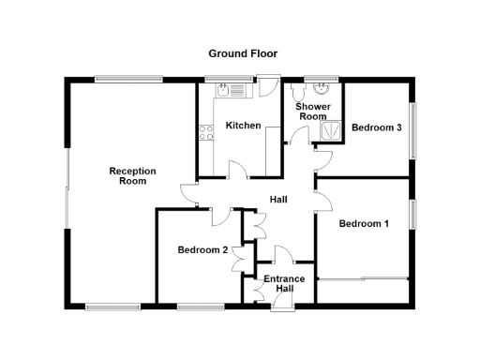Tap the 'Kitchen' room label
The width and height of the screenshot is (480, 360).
coord(243,125)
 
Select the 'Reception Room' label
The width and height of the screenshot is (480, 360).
coord(132,176)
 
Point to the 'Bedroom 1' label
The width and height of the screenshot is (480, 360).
coord(364,223)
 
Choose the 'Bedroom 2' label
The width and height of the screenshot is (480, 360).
coord(202,249)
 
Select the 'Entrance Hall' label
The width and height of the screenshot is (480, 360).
coord(284,283)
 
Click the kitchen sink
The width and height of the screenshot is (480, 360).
coord(230,90)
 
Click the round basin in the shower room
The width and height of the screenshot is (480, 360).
coord(322,91)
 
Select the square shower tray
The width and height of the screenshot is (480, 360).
coord(331,133)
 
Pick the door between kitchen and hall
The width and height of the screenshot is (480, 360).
coord(236,169)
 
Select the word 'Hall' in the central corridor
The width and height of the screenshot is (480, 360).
coord(278,200)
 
